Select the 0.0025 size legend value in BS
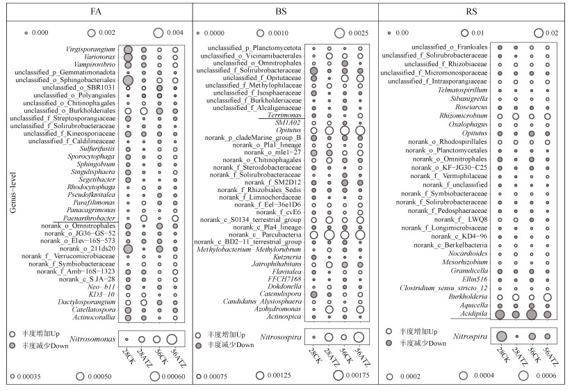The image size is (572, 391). tap(363, 33)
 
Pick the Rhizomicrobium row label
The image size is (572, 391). tap(461, 115)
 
